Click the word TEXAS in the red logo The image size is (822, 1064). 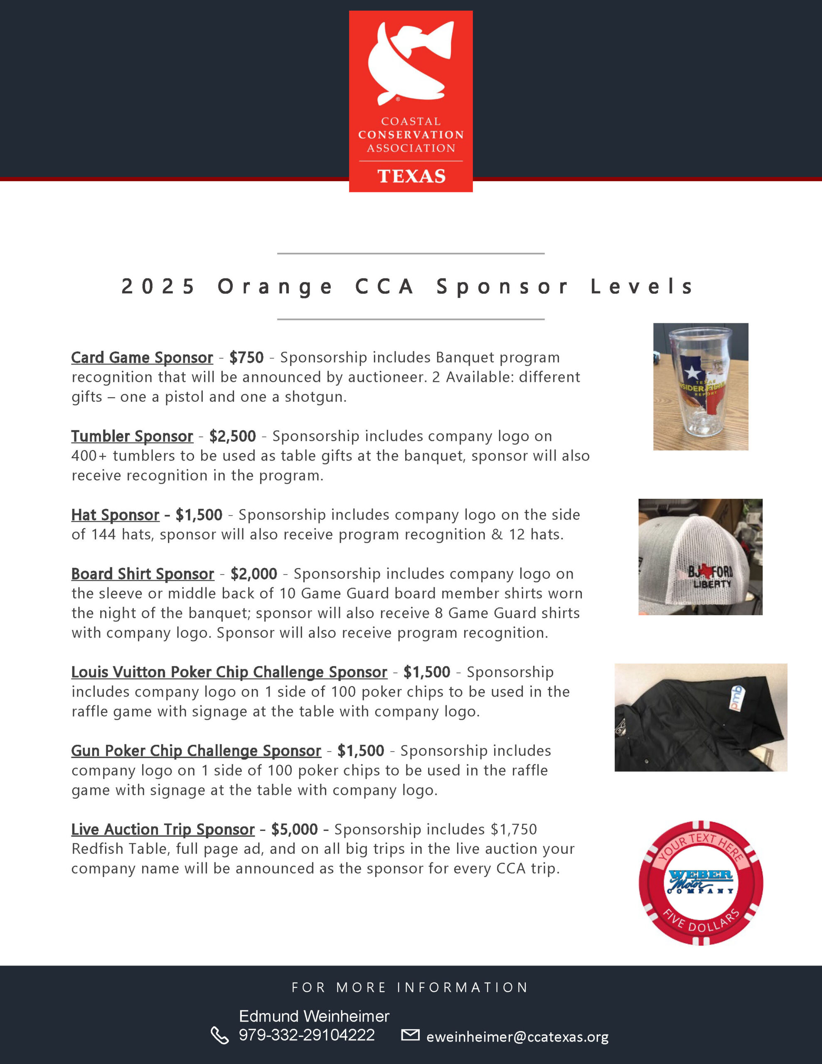pos(411,176)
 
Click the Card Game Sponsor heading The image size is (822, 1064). pos(142,357)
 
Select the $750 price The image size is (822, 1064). pos(246,357)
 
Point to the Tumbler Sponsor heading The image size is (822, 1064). pos(132,436)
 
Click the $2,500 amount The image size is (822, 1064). pos(232,436)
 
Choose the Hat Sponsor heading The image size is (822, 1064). pos(115,515)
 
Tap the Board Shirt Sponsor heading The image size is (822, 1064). pos(142,574)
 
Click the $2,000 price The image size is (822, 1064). pos(254,574)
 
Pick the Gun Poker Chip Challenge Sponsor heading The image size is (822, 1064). pos(196,751)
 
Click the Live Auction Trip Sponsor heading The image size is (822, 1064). pos(163,829)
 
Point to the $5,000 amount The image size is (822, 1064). pos(294,829)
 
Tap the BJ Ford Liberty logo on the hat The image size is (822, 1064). pos(710,576)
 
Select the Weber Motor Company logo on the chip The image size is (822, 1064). pos(700,882)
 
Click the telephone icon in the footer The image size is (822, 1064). pos(219,1036)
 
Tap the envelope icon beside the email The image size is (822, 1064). pos(410,1035)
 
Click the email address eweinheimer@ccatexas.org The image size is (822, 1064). pos(517,1037)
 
